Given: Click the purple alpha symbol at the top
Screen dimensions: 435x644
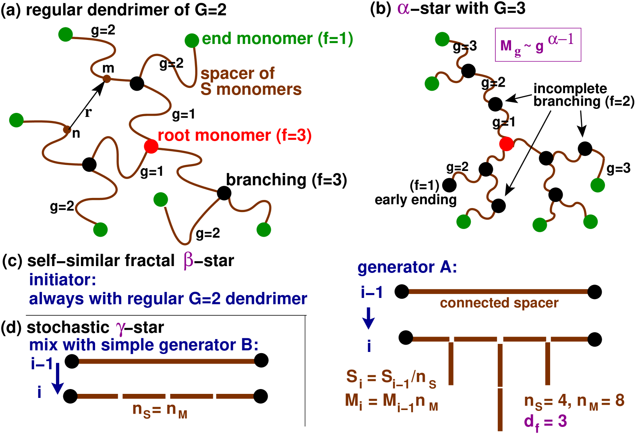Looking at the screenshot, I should [x=403, y=8].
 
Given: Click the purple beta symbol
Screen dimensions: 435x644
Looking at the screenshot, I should [x=188, y=260].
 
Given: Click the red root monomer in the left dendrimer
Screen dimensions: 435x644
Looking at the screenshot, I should [x=151, y=146].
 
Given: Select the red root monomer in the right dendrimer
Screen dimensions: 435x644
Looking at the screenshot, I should [x=506, y=144].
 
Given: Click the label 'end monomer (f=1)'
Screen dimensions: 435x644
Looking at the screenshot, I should [x=277, y=39].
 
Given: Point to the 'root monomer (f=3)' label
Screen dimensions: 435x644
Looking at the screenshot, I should [x=234, y=136].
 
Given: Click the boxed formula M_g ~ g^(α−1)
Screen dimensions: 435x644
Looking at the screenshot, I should [x=538, y=45].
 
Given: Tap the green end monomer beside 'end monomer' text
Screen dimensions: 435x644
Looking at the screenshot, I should [x=192, y=40].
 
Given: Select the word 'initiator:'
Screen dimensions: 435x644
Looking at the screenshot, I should [x=62, y=280].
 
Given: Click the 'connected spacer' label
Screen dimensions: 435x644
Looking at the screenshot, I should [x=499, y=303].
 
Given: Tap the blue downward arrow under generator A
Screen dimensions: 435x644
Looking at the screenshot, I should [x=368, y=318].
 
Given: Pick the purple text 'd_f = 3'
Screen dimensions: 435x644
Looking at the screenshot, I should [x=545, y=422].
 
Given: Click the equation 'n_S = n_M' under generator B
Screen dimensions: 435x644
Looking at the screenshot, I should [x=160, y=410].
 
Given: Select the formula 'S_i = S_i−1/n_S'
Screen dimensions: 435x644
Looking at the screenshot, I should [x=391, y=378].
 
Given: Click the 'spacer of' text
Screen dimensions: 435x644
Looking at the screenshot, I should [x=237, y=74].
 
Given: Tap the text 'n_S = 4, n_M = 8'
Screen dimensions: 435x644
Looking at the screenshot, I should [x=574, y=401].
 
